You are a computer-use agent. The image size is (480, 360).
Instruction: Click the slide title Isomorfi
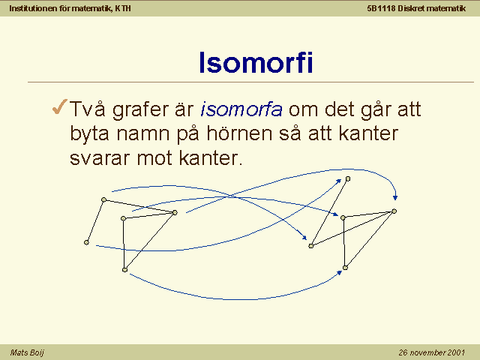pyautogui.click(x=256, y=62)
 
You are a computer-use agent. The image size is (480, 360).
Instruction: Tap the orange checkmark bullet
pyautogui.click(x=60, y=106)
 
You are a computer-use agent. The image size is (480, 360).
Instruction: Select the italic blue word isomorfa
pyautogui.click(x=241, y=109)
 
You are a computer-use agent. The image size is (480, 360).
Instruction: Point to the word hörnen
pyautogui.click(x=239, y=133)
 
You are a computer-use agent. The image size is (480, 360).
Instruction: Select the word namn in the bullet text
pyautogui.click(x=143, y=135)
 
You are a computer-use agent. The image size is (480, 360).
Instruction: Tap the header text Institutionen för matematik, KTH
pyautogui.click(x=70, y=8)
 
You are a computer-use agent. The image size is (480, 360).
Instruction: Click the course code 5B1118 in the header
pyautogui.click(x=382, y=8)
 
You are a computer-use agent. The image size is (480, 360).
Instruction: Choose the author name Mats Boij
pyautogui.click(x=27, y=352)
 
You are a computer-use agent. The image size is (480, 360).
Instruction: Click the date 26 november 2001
pyautogui.click(x=432, y=352)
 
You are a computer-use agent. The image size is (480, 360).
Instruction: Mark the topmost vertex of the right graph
pyautogui.click(x=348, y=178)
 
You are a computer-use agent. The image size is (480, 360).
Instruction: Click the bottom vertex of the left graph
pyautogui.click(x=124, y=270)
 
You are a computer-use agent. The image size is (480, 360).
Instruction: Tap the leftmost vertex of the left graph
pyautogui.click(x=86, y=242)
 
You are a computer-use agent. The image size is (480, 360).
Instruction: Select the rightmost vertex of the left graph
pyautogui.click(x=175, y=212)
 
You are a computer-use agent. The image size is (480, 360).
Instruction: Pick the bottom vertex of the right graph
pyautogui.click(x=345, y=268)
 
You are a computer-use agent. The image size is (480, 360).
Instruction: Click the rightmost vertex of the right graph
pyautogui.click(x=394, y=211)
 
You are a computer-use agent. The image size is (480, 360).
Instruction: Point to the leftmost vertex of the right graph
pyautogui.click(x=311, y=246)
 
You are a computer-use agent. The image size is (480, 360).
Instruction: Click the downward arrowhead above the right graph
pyautogui.click(x=395, y=198)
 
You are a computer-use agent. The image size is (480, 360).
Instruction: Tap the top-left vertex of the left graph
pyautogui.click(x=103, y=200)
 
